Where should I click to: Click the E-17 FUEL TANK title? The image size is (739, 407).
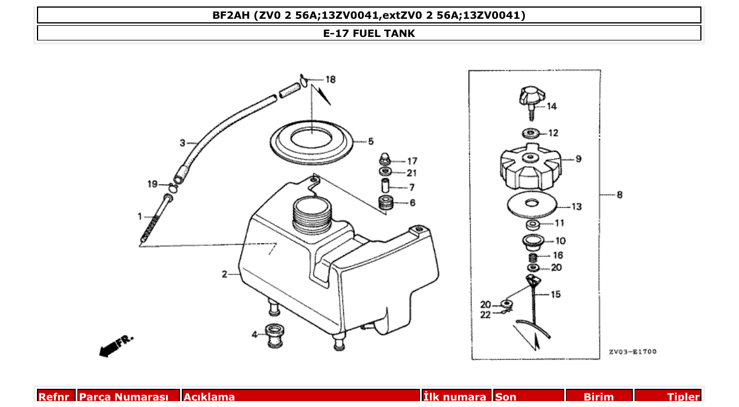click(369, 33)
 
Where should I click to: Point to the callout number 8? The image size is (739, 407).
click(619, 195)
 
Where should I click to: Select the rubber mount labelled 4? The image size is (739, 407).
click(274, 335)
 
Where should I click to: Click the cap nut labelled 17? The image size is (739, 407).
click(385, 160)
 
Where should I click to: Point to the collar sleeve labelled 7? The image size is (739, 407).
click(385, 187)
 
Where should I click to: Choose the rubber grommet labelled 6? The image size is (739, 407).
click(386, 203)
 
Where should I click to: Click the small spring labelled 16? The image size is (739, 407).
click(533, 256)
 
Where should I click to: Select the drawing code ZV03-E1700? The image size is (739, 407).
click(632, 352)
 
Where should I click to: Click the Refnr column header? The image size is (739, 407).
click(57, 397)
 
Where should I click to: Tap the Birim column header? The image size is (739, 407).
click(598, 397)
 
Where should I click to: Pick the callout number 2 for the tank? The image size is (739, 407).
click(225, 274)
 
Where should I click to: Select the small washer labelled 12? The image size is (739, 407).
click(531, 133)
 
